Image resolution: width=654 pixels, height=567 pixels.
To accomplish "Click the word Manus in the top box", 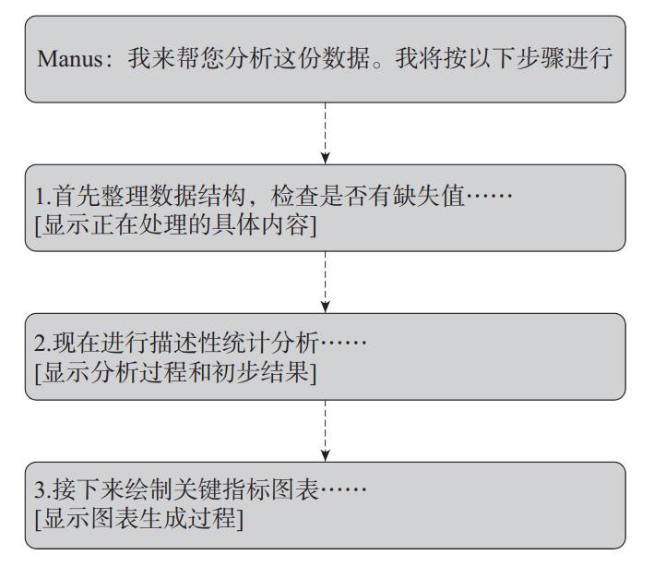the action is (70, 58).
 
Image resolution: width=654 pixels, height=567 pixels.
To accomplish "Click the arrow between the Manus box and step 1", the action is (326, 133).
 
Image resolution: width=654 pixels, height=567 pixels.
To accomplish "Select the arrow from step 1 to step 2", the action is (326, 282).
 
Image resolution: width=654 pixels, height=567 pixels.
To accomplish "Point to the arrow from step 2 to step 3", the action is (326, 431).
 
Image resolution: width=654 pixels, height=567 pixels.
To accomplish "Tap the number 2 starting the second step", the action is (41, 343).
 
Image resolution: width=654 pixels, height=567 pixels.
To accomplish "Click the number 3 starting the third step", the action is (41, 489).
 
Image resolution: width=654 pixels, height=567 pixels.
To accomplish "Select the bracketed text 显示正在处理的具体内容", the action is (175, 225).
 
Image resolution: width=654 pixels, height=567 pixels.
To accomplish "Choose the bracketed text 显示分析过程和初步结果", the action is (175, 372).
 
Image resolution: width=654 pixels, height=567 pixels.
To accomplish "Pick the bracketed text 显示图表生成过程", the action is (139, 519).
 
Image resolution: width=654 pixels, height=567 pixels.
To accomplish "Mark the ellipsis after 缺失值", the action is (489, 196).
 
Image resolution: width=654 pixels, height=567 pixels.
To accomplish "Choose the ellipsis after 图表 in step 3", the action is (343, 489).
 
